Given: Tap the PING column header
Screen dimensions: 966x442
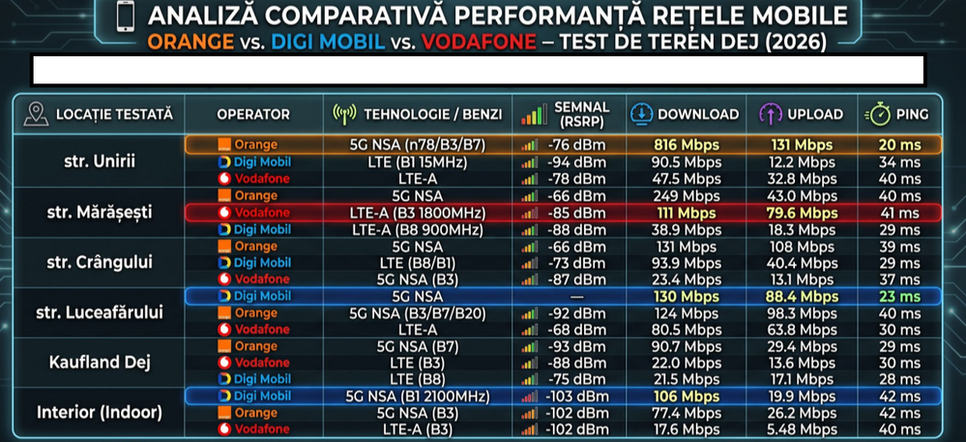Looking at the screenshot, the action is tap(913, 114).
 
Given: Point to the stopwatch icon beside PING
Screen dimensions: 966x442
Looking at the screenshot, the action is tap(879, 114).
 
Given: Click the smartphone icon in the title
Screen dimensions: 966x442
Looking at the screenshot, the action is tap(125, 16).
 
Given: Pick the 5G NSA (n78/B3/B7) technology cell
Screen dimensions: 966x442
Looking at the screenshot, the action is tap(417, 145).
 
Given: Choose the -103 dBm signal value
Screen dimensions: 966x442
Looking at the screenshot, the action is tap(576, 396).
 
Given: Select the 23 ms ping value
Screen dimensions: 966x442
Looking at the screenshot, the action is tap(900, 297).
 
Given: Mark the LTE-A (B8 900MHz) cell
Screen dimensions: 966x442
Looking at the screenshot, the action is tap(417, 229).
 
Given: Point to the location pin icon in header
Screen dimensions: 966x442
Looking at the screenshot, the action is tap(35, 114).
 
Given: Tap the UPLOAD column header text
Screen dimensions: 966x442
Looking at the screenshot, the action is tap(815, 114).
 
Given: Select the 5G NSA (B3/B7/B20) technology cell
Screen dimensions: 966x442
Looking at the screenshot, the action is tap(417, 313).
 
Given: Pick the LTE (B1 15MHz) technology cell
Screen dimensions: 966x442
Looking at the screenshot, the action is tap(417, 162).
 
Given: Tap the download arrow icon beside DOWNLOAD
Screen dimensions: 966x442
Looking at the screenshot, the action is tap(641, 114).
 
